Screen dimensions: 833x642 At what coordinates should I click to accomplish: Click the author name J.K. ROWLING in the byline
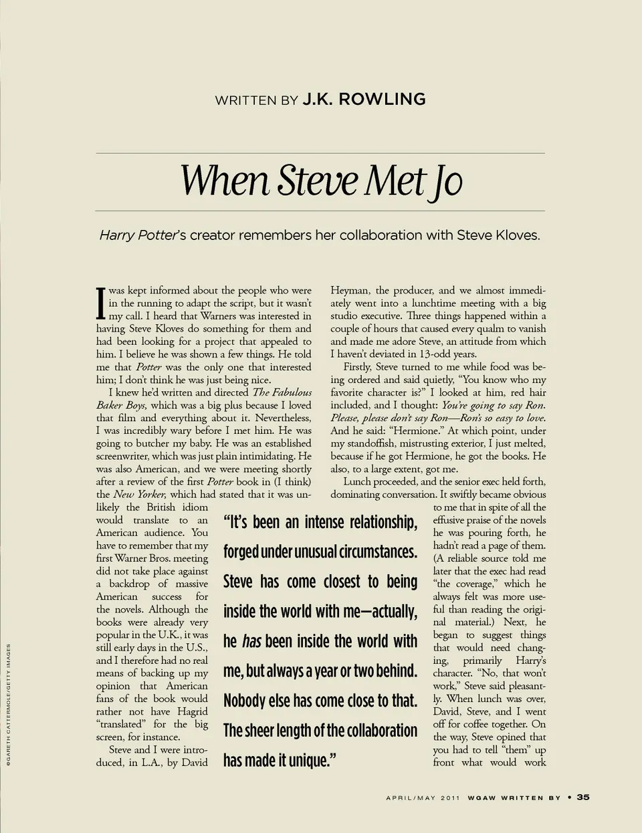(364, 100)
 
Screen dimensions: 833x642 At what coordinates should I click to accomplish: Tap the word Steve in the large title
(319, 181)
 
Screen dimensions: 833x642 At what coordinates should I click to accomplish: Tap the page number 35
(583, 797)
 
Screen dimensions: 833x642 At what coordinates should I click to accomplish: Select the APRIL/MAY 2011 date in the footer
(423, 798)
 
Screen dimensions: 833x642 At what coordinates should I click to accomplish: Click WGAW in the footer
(481, 798)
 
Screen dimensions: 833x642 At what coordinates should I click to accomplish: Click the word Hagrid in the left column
(193, 711)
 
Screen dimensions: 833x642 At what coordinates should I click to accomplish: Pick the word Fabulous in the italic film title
(292, 392)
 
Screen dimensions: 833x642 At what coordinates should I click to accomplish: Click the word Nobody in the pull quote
(244, 701)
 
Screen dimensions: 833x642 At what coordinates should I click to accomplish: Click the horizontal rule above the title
(320, 154)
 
